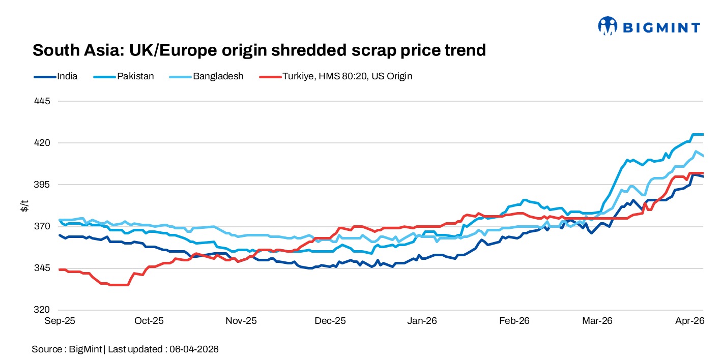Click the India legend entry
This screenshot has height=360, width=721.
[x=67, y=76]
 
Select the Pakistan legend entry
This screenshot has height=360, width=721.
[x=135, y=76]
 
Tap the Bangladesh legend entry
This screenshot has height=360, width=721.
[x=218, y=76]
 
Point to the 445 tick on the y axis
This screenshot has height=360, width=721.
[x=43, y=101]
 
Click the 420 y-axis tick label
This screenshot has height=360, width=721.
[x=43, y=143]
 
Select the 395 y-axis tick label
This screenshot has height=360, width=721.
[x=43, y=185]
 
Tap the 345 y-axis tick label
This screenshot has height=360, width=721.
[x=43, y=268]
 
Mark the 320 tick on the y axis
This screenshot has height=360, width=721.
[x=43, y=310]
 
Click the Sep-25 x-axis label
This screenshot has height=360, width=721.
[x=60, y=321]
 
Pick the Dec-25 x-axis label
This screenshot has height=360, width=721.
[x=330, y=321]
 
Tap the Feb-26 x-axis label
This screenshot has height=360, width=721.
[x=514, y=321]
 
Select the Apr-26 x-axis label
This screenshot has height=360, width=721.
[x=690, y=321]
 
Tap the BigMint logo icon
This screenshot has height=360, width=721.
[x=608, y=26]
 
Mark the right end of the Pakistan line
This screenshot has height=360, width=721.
[x=703, y=135]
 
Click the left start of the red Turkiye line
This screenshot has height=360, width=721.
[x=60, y=269]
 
